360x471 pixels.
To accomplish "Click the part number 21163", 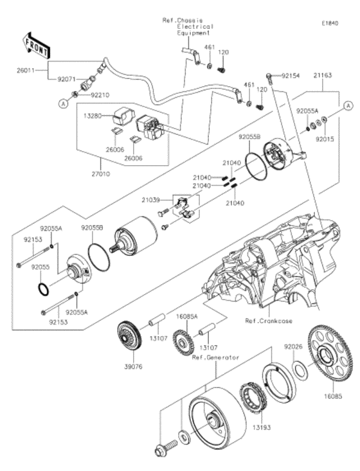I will [323, 75].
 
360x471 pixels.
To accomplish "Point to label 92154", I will [289, 75].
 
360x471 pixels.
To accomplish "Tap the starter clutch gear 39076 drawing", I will [132, 337].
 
